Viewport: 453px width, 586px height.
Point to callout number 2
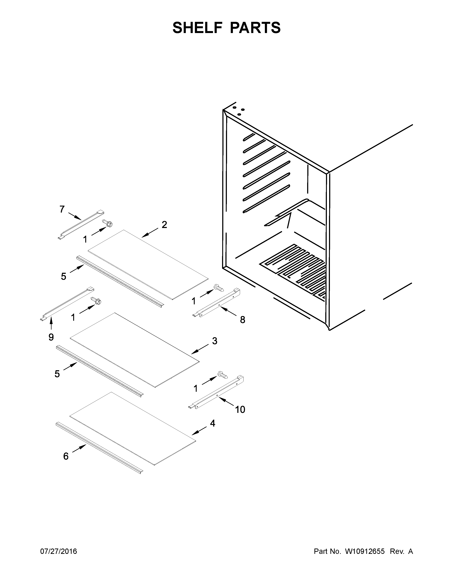[x=164, y=225]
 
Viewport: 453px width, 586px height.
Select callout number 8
[x=242, y=320]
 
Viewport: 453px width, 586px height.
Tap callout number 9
[x=51, y=337]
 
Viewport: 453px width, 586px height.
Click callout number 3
[x=214, y=341]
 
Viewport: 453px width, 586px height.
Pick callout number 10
[x=240, y=409]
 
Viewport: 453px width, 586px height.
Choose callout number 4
[x=212, y=423]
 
